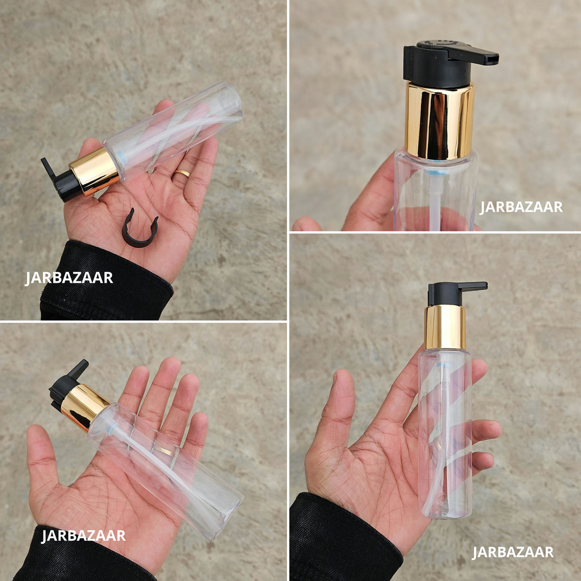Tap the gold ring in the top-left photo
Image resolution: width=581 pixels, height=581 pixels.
click(x=183, y=173)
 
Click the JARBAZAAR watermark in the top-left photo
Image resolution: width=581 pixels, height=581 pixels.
click(x=69, y=278)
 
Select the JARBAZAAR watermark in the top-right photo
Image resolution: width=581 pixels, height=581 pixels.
click(x=521, y=207)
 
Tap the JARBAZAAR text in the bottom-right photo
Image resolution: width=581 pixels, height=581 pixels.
click(x=513, y=552)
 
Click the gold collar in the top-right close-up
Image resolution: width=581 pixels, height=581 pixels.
click(x=439, y=120)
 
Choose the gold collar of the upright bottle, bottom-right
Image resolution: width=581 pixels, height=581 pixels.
click(x=445, y=327)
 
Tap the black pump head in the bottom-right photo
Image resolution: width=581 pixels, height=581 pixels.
click(x=452, y=293)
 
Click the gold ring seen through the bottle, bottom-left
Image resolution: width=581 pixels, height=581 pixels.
click(x=164, y=450)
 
